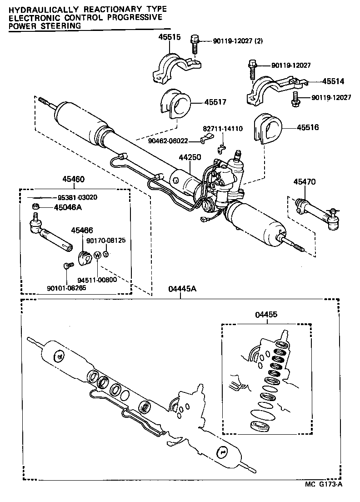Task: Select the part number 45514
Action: point(333,82)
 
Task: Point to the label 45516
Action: point(308,128)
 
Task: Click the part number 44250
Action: point(190,157)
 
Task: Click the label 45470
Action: point(304,182)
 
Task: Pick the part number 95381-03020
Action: point(77,197)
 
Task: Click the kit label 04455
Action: point(266,314)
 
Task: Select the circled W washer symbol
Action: point(97,256)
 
